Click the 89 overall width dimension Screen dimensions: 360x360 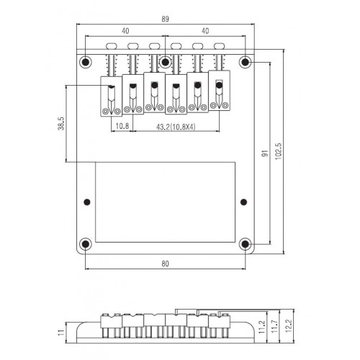coord(165,19)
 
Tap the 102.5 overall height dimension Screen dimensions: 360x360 coord(279,151)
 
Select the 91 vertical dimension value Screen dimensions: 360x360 coord(264,154)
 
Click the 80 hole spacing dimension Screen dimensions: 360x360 coord(165,264)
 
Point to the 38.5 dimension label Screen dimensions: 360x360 coord(61,124)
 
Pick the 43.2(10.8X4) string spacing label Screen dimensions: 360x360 coord(176,127)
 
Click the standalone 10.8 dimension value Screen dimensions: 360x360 coord(122,126)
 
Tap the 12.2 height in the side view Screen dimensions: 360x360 coord(288,325)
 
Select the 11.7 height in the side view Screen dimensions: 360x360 coord(274,326)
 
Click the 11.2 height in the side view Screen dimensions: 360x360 coord(261,327)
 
